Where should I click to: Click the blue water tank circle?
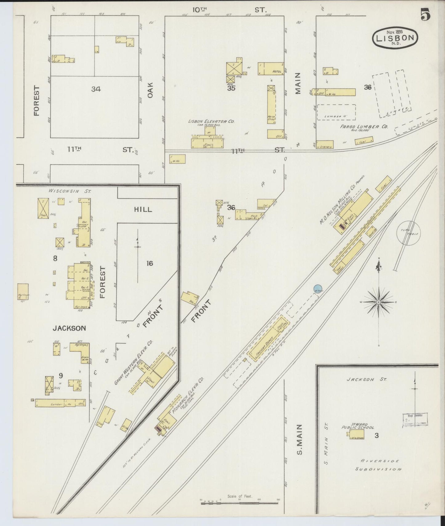(x=318, y=289)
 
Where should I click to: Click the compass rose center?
(x=378, y=302)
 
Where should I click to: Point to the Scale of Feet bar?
(x=240, y=504)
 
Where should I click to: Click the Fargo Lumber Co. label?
(x=364, y=127)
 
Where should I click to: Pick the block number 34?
(x=96, y=89)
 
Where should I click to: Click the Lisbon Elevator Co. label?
(x=211, y=122)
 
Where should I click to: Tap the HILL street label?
(x=143, y=209)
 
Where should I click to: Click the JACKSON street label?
(x=69, y=328)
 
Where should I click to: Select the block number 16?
(x=150, y=263)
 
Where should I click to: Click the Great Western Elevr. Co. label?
(x=133, y=363)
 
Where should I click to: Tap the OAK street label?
(x=150, y=91)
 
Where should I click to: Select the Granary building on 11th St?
(x=326, y=147)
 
